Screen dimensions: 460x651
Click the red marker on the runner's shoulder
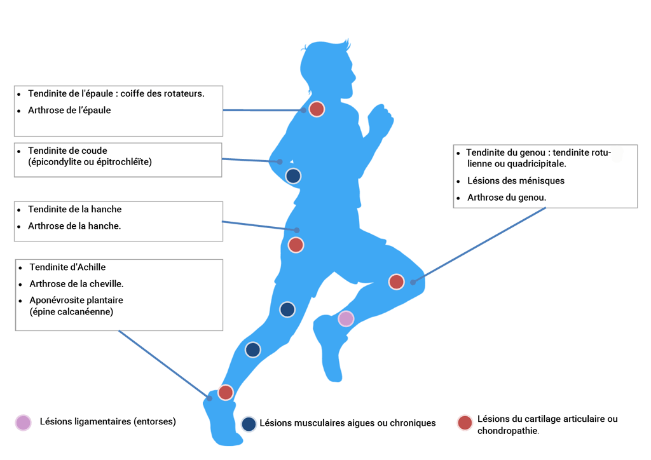(317, 109)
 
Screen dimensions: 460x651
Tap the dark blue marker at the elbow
(293, 176)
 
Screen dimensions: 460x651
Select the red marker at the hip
(296, 245)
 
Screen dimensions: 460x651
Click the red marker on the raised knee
(396, 281)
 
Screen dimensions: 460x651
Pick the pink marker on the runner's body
(346, 318)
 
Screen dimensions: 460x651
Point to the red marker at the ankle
(226, 392)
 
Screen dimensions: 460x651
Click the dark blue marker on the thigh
(287, 309)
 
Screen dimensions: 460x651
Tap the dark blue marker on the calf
(253, 349)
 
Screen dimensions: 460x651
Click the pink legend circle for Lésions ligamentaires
(23, 423)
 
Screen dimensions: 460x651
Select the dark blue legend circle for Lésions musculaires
(249, 424)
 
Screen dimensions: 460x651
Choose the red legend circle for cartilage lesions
(465, 423)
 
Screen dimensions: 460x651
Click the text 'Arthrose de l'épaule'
(69, 110)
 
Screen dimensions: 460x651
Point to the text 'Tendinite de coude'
(67, 151)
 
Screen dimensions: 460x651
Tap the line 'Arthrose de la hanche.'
(74, 226)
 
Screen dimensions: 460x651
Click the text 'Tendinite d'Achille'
(67, 267)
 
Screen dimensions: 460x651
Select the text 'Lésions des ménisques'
(516, 180)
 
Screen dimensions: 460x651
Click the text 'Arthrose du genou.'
(507, 198)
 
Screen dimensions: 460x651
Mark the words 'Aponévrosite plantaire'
(76, 300)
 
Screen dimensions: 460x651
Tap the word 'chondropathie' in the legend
(507, 431)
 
